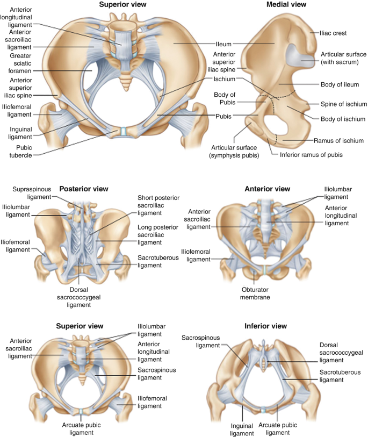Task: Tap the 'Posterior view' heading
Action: pyautogui.click(x=84, y=189)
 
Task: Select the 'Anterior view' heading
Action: pyautogui.click(x=267, y=189)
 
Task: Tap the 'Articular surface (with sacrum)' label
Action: pyautogui.click(x=344, y=58)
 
